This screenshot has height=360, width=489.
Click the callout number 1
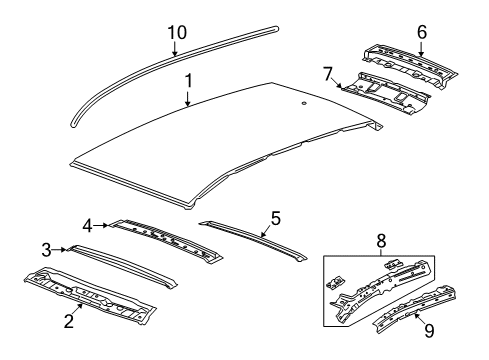click(187, 78)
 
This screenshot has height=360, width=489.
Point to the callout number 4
click(88, 224)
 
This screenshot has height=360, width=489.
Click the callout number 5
click(276, 217)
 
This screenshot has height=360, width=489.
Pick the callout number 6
click(421, 33)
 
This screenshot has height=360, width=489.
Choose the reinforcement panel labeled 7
click(390, 93)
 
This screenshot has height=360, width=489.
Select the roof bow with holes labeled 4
click(165, 238)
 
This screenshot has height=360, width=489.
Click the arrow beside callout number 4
click(104, 224)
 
